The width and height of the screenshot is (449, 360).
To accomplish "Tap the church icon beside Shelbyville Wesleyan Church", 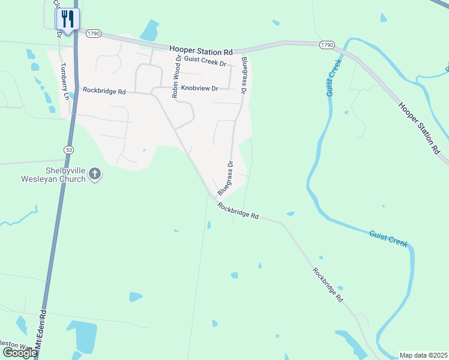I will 95,175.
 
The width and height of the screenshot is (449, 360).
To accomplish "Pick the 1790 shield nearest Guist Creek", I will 327,45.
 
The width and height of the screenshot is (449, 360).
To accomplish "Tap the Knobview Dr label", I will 196,88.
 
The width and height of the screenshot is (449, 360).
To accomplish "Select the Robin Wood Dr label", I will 176,76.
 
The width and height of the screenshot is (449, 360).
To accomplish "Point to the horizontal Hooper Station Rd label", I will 200,52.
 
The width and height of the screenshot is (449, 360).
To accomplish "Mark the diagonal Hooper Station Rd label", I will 420,128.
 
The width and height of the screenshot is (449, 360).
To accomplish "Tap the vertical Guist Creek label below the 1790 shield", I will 334,77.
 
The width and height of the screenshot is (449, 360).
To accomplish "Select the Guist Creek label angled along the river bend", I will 388,239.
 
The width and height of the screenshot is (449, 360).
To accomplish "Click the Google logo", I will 19,353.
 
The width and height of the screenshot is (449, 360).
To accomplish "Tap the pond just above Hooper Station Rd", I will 149,30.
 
